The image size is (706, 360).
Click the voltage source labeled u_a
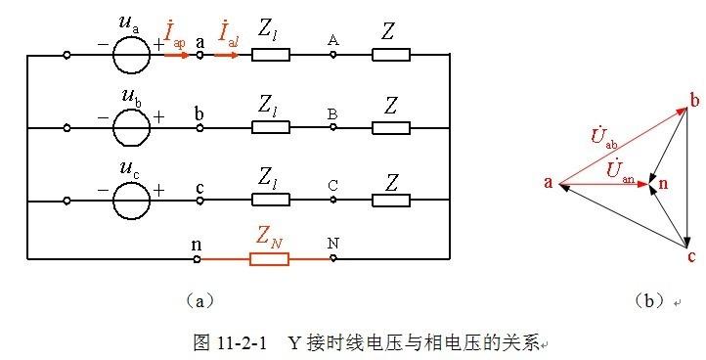tap(131, 55)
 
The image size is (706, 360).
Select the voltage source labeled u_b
tap(131, 128)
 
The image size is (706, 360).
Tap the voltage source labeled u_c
tap(131, 202)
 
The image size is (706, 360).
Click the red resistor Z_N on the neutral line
tap(271, 259)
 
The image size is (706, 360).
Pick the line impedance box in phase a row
tap(271, 56)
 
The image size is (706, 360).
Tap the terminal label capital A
tap(333, 40)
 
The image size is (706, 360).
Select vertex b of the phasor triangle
tap(694, 101)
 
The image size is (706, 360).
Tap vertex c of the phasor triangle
tap(691, 257)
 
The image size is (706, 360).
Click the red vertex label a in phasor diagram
tap(549, 182)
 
